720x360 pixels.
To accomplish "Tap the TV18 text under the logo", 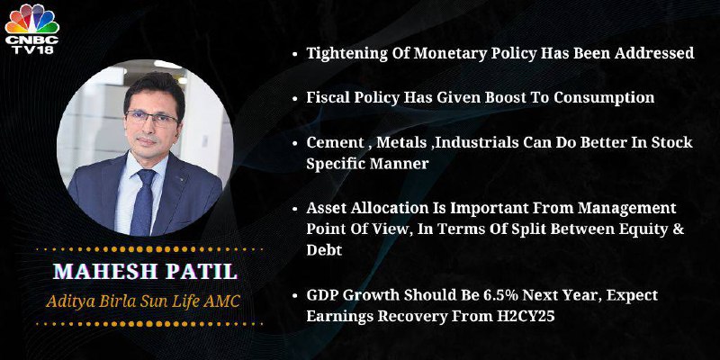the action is [x=32, y=49].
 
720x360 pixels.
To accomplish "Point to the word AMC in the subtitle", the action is [x=224, y=301].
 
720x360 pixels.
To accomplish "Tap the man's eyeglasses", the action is [x=151, y=119].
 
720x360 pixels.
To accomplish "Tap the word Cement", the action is [x=335, y=142].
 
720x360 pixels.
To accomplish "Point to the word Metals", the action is [x=401, y=142].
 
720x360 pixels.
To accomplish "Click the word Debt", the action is [x=324, y=250].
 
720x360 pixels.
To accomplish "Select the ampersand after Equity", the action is [x=679, y=229].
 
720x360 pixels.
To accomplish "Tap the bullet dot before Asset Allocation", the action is [x=294, y=209].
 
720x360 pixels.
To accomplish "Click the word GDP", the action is [x=323, y=295].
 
